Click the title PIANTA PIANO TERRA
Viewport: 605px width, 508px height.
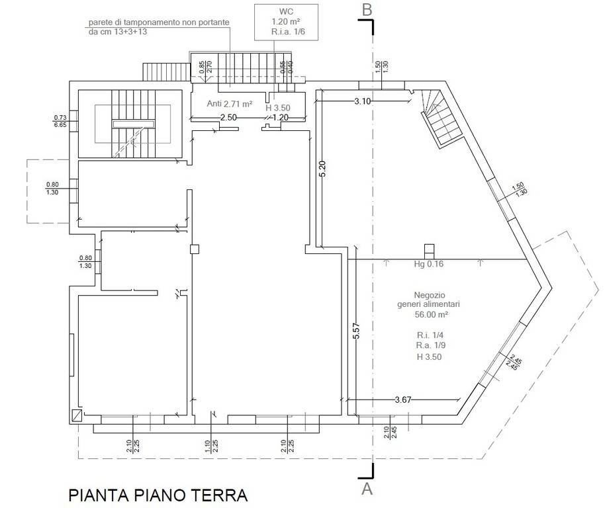click(x=158, y=495)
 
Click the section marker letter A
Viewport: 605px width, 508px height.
click(x=367, y=489)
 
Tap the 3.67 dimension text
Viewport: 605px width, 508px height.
click(x=404, y=400)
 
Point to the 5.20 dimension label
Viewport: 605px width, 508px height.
click(x=322, y=171)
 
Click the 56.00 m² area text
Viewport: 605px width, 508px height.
click(x=432, y=314)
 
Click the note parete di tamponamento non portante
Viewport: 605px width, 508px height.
click(x=159, y=22)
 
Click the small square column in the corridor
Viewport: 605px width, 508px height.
click(x=194, y=249)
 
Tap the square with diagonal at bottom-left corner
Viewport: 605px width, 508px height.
click(x=78, y=415)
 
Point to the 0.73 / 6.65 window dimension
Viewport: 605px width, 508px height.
click(x=60, y=121)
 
